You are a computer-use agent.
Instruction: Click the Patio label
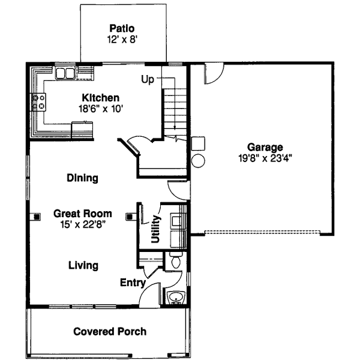pyautogui.click(x=121, y=28)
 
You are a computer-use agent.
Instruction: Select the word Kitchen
pyautogui.click(x=101, y=98)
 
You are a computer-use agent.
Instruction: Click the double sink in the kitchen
pyautogui.click(x=65, y=74)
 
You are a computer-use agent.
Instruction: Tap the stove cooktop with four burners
pyautogui.click(x=39, y=102)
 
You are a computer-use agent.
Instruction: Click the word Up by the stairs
pyautogui.click(x=148, y=79)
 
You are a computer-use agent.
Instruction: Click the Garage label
pyautogui.click(x=265, y=148)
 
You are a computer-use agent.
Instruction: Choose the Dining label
pyautogui.click(x=82, y=178)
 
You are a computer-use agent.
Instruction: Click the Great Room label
pyautogui.click(x=83, y=213)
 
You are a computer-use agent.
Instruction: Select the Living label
pyautogui.click(x=83, y=265)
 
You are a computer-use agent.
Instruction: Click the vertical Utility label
pyautogui.click(x=155, y=229)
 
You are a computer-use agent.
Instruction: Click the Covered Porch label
pyautogui.click(x=109, y=331)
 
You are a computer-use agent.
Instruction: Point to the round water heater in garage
pyautogui.click(x=198, y=161)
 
